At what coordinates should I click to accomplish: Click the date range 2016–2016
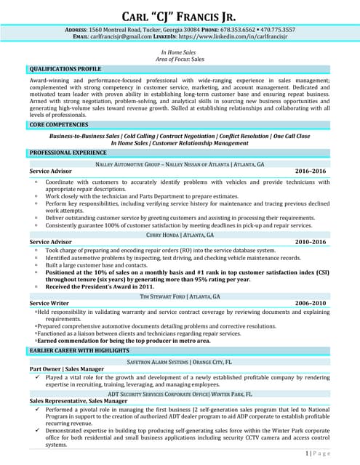[x=311, y=171]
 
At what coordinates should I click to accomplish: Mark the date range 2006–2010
[x=311, y=303]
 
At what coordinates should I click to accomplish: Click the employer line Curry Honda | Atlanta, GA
[x=179, y=234]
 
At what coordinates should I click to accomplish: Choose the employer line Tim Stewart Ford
[x=179, y=296]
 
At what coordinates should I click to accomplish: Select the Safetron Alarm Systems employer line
[x=179, y=361]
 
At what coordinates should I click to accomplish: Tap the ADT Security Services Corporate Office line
[x=179, y=393]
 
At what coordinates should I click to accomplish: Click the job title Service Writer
[x=49, y=303]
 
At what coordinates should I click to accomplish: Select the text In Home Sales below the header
[x=179, y=52]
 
